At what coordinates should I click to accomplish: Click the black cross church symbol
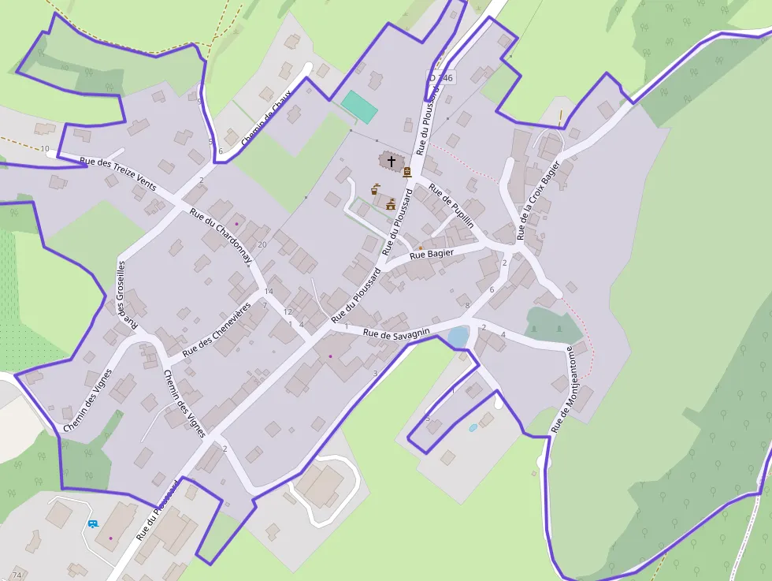392,161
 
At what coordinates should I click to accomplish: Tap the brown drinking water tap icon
377,188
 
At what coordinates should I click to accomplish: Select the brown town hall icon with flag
390,203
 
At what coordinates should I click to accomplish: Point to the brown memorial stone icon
407,172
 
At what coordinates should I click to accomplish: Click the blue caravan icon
93,523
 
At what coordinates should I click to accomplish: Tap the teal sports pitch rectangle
359,107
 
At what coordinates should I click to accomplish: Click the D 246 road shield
441,77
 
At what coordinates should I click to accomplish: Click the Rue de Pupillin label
451,207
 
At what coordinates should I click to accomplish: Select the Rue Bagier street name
432,254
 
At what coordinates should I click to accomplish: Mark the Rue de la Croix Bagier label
540,200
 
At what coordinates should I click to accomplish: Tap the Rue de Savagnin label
396,333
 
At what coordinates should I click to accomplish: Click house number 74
17,575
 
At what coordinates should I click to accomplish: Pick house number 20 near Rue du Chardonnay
262,244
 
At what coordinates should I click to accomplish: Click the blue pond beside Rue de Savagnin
457,337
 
